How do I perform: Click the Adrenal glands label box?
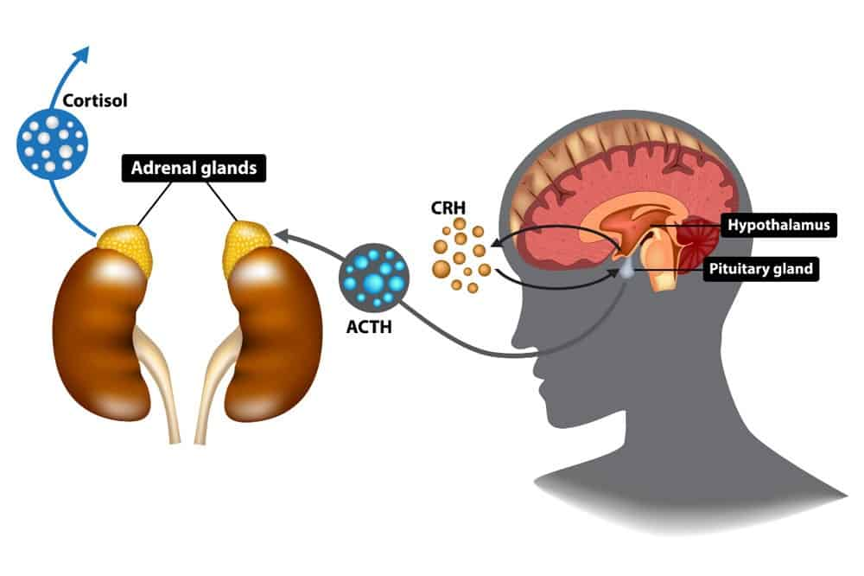click(194, 168)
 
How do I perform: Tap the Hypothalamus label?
click(778, 225)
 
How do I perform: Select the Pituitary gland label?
click(760, 269)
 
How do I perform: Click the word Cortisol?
click(95, 100)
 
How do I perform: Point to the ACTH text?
click(369, 327)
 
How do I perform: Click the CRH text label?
click(448, 208)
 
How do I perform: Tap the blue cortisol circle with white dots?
click(53, 144)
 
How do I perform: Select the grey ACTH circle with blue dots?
click(374, 278)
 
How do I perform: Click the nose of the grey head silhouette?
click(518, 336)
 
